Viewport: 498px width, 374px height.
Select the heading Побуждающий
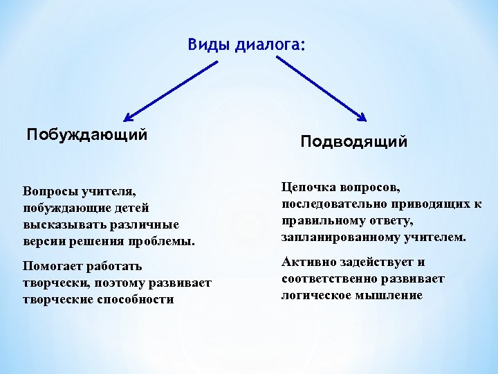[x=87, y=134]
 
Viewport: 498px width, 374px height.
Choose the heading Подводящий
[x=354, y=142]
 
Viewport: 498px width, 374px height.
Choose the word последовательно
[x=335, y=204]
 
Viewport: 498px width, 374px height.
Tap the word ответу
[x=388, y=221]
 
